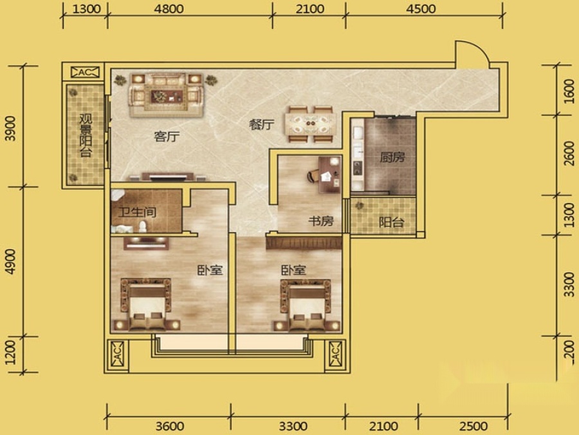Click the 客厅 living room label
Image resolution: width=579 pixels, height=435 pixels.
(167, 137)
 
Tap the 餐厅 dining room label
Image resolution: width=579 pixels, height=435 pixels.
(261, 124)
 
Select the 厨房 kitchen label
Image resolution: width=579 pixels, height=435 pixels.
(392, 157)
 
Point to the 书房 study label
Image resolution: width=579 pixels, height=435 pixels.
(321, 221)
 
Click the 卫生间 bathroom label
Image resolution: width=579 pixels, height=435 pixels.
(137, 212)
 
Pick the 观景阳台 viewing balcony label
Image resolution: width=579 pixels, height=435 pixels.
(86, 135)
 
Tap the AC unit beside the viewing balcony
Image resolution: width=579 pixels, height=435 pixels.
(86, 72)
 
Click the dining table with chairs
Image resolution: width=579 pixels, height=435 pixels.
(310, 124)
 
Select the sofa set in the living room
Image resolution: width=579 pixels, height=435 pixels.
(166, 95)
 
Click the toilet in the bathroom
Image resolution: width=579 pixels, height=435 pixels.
(142, 226)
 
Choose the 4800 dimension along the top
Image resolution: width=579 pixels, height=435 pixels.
(169, 8)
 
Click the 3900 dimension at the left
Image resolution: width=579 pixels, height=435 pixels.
(11, 128)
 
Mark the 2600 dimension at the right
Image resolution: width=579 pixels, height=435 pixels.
(569, 154)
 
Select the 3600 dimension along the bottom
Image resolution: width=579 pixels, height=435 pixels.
(170, 426)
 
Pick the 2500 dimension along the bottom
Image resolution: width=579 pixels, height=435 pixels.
(473, 426)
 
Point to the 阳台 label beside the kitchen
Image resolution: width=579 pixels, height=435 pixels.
(391, 222)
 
